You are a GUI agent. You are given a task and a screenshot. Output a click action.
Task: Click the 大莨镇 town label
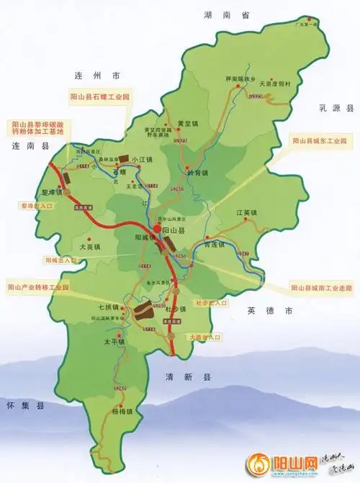pyautogui.click(x=90, y=247)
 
